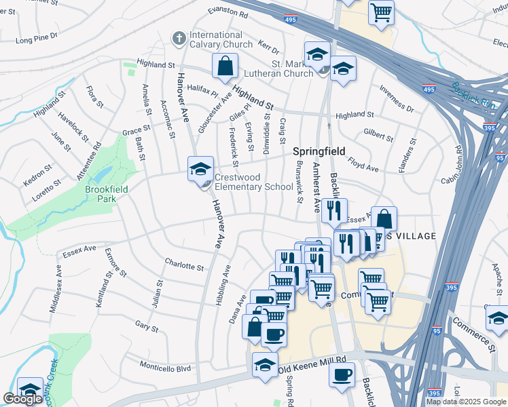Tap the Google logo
pos(22,399)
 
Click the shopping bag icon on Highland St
pos(225,66)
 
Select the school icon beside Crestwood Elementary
pos(200,169)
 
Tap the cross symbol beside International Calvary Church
pos(180,39)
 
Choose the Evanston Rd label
pos(228,13)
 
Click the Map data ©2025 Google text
pos(466,402)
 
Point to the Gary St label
pos(147,328)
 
